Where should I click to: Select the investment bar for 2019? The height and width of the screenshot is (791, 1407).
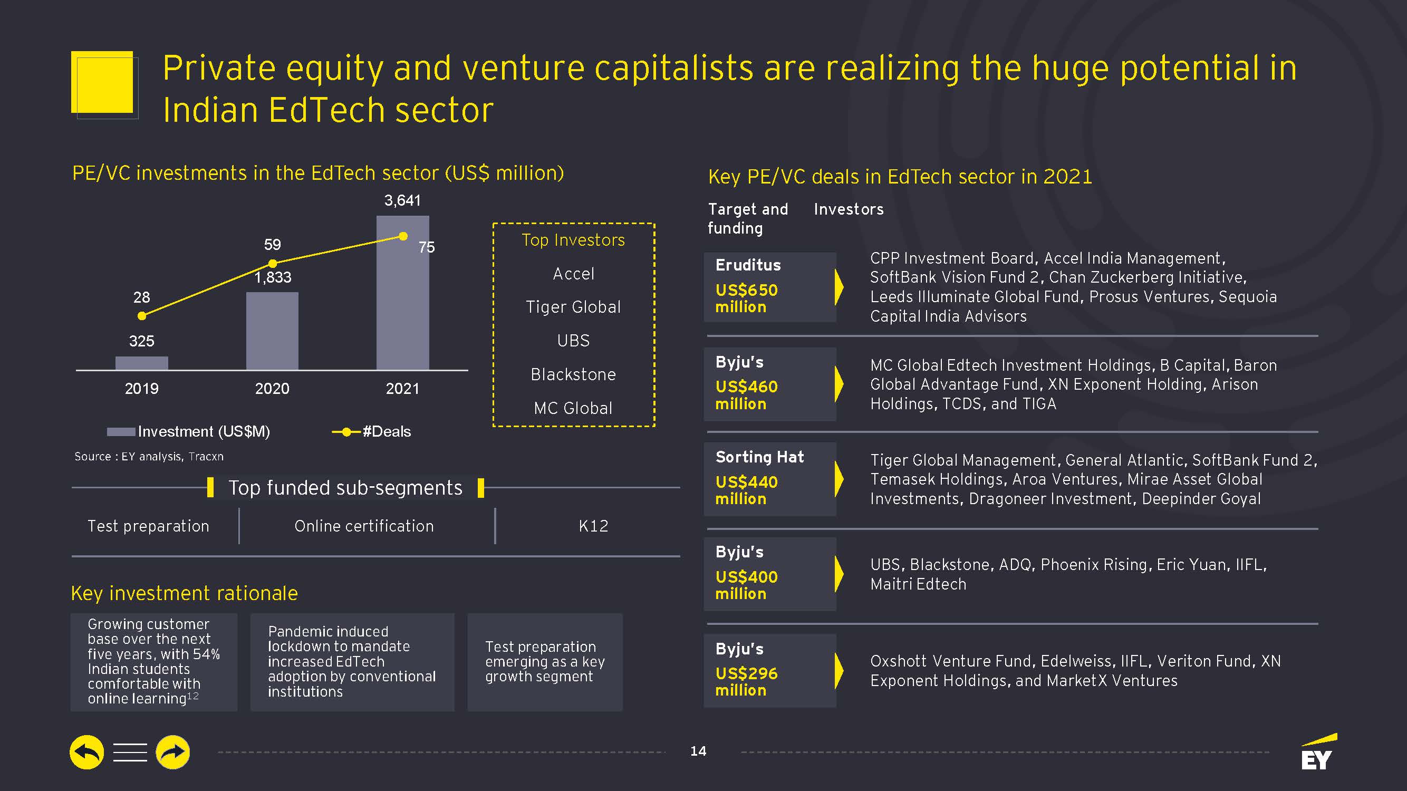pos(141,363)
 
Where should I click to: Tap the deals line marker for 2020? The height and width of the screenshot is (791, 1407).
pos(273,263)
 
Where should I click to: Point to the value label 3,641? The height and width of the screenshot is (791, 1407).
pos(402,200)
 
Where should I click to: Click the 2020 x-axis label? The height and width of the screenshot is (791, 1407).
pos(272,389)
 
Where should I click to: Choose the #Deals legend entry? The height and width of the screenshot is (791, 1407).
pos(372,431)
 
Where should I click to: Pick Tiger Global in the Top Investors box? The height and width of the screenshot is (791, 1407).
pos(573,307)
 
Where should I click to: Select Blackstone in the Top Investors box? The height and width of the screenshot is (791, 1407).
pos(573,374)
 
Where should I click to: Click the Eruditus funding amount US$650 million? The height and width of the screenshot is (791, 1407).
pos(746,298)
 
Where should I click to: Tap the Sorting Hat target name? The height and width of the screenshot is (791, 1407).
pos(759,457)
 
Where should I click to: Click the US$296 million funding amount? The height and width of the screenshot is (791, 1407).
pos(746,682)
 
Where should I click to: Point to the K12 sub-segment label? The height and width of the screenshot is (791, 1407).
pos(593,526)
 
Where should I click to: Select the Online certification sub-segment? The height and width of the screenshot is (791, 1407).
pos(364,526)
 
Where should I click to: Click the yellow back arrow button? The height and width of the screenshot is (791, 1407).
pos(87,752)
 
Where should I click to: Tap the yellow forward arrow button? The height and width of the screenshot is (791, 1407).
pos(172,752)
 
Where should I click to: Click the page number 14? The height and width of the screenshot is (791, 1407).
pos(698,751)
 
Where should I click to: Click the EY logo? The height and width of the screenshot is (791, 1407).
pos(1317,754)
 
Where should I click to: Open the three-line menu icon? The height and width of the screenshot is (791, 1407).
pos(130,752)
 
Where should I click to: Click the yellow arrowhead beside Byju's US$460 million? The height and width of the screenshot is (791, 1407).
pos(839,383)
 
